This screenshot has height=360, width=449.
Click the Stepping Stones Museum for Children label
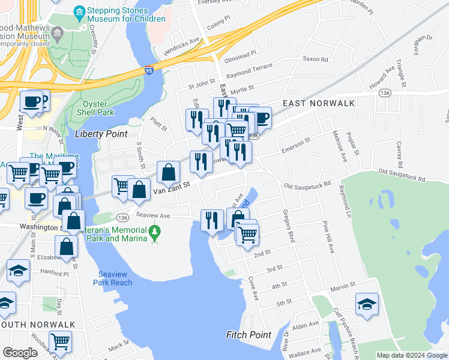pyautogui.click(x=126, y=14)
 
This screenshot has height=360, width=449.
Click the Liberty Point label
pyautogui.click(x=101, y=134)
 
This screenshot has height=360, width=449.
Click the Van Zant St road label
pyautogui.click(x=171, y=187)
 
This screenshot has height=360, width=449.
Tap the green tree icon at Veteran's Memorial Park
pyautogui.click(x=155, y=231)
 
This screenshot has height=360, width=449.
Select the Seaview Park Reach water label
pyautogui.click(x=120, y=278)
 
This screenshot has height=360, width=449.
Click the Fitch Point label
pyautogui.click(x=249, y=334)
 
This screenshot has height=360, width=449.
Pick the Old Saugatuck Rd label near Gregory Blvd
pyautogui.click(x=308, y=185)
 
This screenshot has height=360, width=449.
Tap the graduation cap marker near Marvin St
pyautogui.click(x=366, y=302)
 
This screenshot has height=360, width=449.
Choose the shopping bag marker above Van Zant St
pyautogui.click(x=169, y=172)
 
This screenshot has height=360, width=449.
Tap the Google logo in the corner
pyautogui.click(x=20, y=353)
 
